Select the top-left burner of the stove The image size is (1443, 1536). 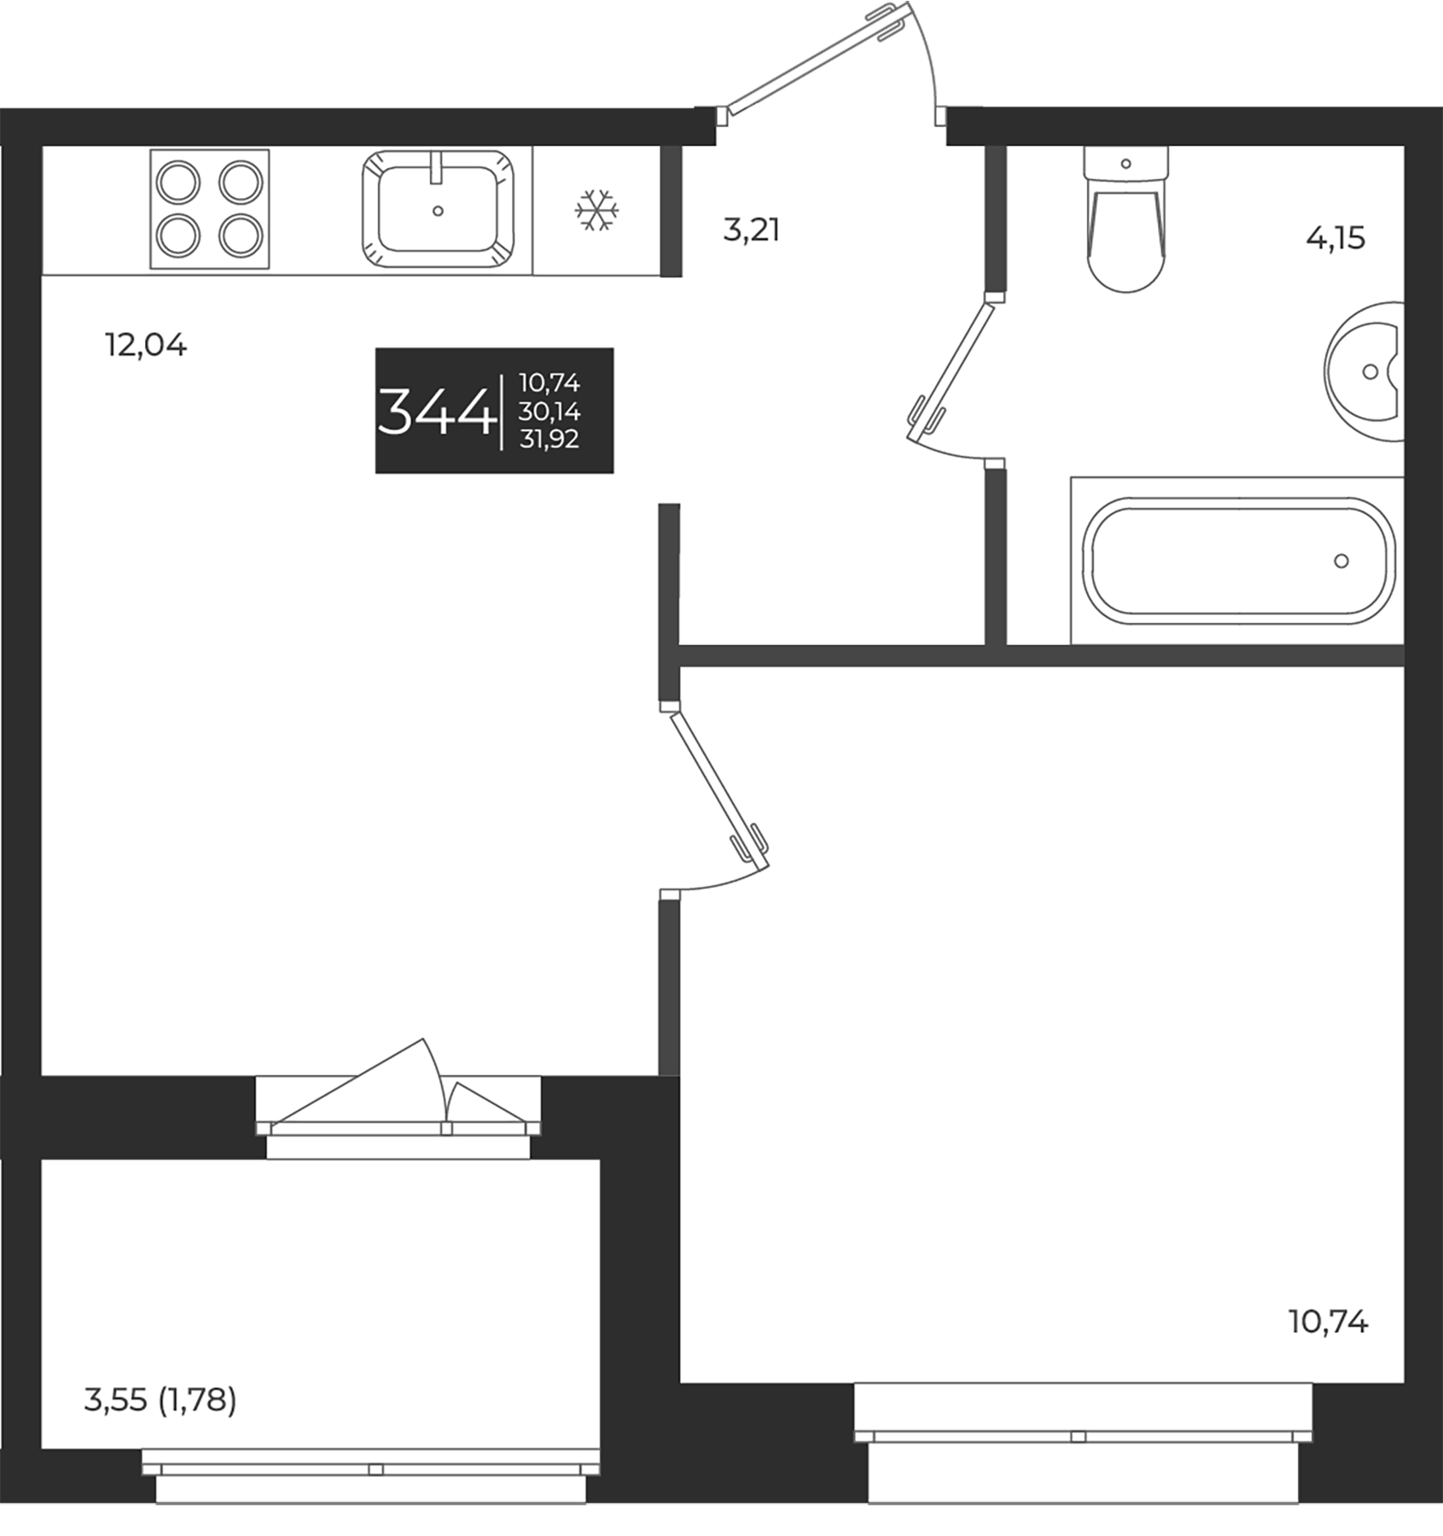179,182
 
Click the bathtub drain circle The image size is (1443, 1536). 1341,561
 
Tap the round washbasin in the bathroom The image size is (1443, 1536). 1365,371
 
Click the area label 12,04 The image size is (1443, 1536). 145,346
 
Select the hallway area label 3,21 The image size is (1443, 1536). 751,230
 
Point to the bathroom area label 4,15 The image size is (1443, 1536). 1335,239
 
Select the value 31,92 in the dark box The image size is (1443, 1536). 549,439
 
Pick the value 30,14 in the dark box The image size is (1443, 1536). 549,412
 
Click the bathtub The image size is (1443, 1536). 1237,561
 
